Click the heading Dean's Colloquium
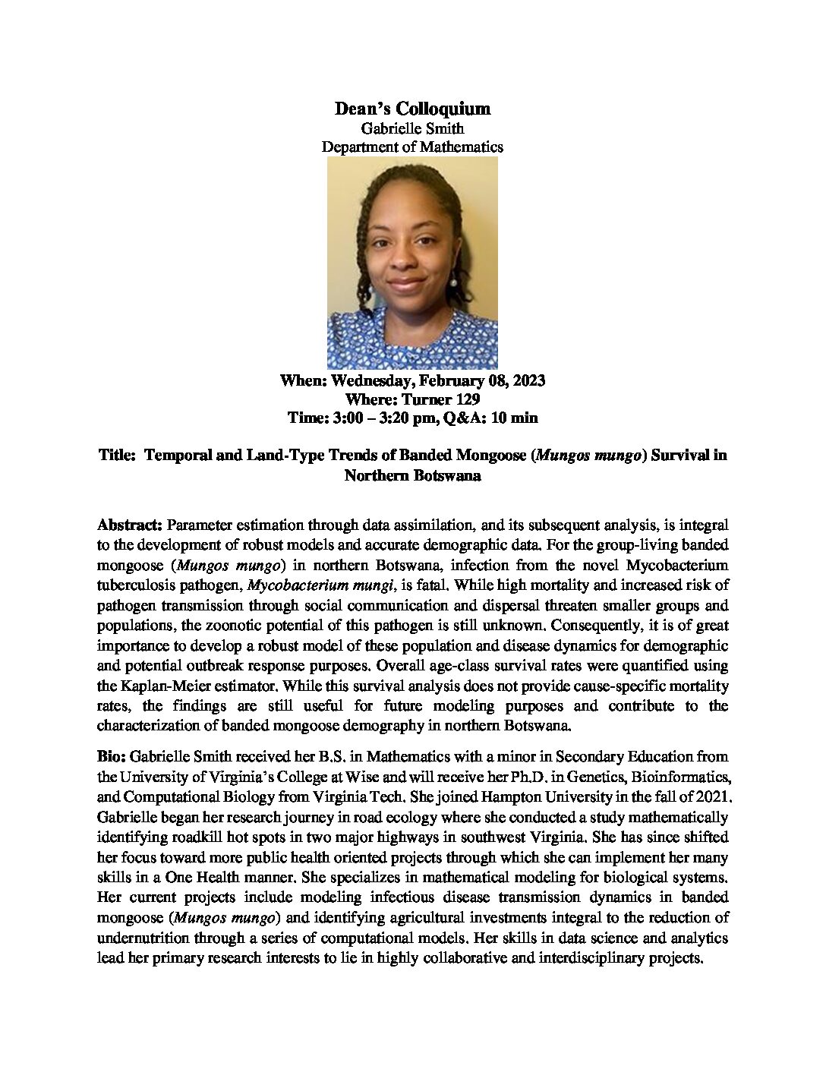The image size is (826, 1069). pyautogui.click(x=412, y=109)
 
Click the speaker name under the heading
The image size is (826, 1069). pyautogui.click(x=412, y=129)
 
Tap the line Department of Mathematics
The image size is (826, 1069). pyautogui.click(x=412, y=147)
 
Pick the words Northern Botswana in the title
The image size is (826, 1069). pyautogui.click(x=412, y=475)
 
